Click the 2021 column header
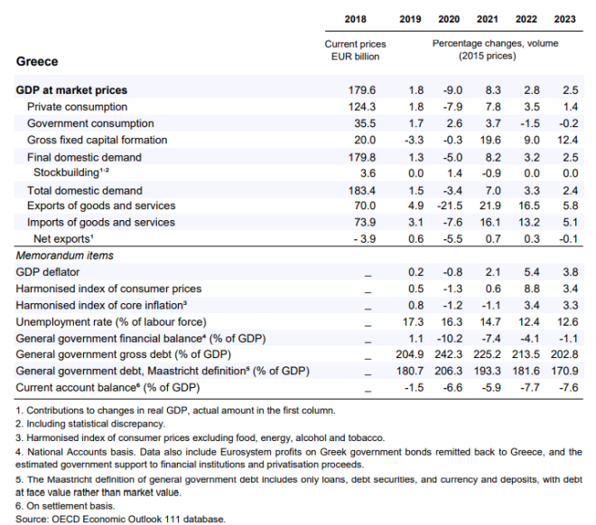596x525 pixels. click(x=488, y=19)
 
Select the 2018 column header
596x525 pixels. click(x=356, y=19)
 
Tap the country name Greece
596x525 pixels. click(x=37, y=61)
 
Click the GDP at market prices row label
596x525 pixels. click(x=71, y=90)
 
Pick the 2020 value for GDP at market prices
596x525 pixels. click(x=452, y=90)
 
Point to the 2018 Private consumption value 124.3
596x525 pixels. click(x=362, y=107)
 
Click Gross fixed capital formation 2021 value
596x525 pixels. click(x=490, y=140)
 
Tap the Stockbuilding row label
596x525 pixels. click(x=71, y=172)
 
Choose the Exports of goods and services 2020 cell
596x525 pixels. click(x=450, y=206)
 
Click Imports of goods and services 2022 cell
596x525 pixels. click(x=529, y=222)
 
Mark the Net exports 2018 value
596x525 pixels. click(x=365, y=239)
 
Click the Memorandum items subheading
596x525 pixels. click(x=65, y=255)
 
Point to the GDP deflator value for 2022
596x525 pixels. click(x=532, y=272)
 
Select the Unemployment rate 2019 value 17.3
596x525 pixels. click(x=414, y=322)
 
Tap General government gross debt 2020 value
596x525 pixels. click(x=449, y=355)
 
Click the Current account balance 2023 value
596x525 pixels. click(x=569, y=388)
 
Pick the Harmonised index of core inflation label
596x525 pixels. click(x=101, y=306)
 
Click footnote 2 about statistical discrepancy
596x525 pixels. click(x=90, y=424)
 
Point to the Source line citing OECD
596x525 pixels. click(x=120, y=519)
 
